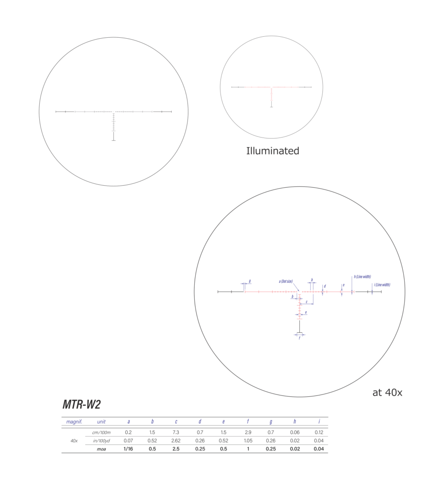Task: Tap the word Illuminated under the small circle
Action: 272,151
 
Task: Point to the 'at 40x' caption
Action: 387,393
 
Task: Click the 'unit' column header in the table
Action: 101,422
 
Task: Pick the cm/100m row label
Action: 101,432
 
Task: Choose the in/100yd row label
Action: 101,440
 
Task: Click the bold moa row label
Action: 101,449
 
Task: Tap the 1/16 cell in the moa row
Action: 128,449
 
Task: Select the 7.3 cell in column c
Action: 176,432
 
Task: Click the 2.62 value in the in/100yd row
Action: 176,440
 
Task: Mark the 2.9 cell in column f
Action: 248,432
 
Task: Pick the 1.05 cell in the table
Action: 248,440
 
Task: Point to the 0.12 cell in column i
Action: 319,432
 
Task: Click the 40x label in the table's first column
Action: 74,440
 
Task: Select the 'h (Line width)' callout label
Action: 362,276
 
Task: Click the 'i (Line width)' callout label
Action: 382,285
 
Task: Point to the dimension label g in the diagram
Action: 250,281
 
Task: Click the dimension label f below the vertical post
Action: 299,338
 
